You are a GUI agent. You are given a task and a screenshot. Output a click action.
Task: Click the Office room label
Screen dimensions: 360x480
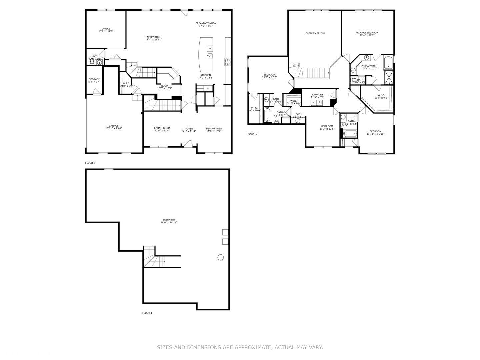[x=106, y=30]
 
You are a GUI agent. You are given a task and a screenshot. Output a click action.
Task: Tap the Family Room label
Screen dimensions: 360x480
[x=153, y=38]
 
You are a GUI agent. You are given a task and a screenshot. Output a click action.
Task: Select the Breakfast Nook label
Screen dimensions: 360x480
[x=206, y=24]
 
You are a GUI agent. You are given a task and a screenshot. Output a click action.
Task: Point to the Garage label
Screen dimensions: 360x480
[x=114, y=127]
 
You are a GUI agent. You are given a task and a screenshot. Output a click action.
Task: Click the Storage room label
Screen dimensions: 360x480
[x=94, y=80]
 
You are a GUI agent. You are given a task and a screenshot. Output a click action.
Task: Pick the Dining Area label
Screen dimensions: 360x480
[x=214, y=130]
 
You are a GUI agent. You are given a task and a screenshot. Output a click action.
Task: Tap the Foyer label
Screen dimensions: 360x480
[x=189, y=130]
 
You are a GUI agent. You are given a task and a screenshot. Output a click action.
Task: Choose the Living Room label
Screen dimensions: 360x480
[x=162, y=129]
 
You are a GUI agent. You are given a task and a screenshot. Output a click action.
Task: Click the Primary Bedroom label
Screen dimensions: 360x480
[x=367, y=34]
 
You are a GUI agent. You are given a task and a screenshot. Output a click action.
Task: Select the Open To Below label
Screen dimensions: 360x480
[x=315, y=33]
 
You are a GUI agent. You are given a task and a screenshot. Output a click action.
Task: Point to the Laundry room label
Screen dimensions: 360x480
[x=317, y=96]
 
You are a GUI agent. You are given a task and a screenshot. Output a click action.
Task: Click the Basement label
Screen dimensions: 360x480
[x=169, y=221]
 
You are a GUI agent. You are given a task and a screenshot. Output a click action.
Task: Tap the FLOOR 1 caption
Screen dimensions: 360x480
[x=147, y=313]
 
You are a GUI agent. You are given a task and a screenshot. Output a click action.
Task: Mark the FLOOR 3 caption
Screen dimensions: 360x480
[x=252, y=134]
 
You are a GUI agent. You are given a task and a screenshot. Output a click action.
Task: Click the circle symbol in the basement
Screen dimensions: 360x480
[x=220, y=257]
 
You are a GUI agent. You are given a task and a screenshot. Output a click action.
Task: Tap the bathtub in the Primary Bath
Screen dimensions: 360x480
[x=388, y=63]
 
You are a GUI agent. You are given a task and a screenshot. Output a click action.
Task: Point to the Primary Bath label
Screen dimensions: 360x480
[x=370, y=67]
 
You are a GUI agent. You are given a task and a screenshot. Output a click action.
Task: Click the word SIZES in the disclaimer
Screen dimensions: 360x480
[x=165, y=347]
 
